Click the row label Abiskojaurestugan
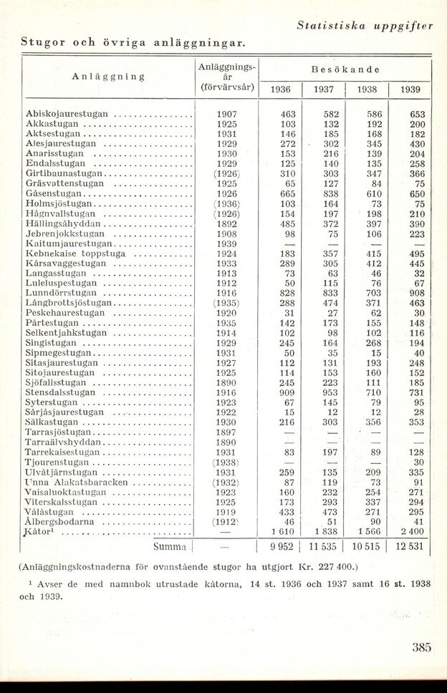coord(67,114)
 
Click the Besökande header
coord(345,70)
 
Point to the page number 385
coord(422,648)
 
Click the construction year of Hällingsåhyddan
coord(226,224)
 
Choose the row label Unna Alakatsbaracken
coord(77,482)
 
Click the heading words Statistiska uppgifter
coord(365,26)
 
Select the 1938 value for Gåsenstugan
coord(374,193)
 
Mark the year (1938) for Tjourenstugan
coord(226,462)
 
